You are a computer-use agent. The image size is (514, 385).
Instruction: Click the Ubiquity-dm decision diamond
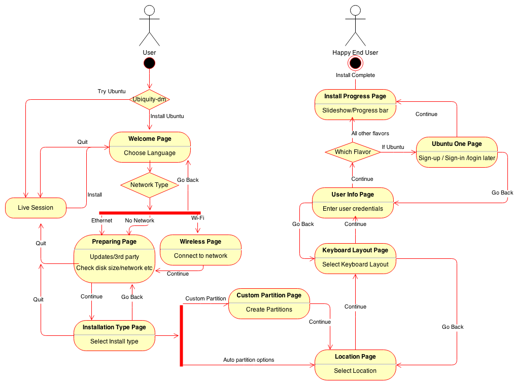click(150, 99)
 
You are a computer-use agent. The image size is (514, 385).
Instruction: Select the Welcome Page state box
click(150, 147)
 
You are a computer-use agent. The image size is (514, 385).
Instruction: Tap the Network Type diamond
click(150, 185)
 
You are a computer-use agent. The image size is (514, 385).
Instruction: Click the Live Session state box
click(36, 208)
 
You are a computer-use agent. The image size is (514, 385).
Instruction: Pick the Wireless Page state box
click(200, 249)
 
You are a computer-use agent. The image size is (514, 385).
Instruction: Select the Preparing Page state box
click(114, 258)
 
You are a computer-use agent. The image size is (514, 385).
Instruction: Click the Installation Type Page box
click(114, 335)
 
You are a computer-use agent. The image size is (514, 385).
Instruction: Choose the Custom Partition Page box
click(269, 303)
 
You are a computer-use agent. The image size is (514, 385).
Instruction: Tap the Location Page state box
click(355, 364)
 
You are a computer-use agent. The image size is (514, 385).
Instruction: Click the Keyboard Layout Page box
click(355, 258)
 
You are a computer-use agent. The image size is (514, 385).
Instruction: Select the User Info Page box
click(353, 203)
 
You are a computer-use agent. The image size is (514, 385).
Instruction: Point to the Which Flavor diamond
click(353, 152)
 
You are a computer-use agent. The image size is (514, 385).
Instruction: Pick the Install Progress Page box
click(355, 104)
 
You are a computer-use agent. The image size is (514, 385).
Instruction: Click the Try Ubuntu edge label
click(112, 92)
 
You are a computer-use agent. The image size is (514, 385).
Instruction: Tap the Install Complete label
click(355, 75)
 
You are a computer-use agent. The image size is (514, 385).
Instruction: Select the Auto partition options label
click(249, 360)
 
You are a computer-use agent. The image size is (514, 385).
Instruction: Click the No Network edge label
click(140, 221)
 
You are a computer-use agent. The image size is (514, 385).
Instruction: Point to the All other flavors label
click(370, 134)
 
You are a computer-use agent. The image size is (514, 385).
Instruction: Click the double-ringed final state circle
click(355, 62)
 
